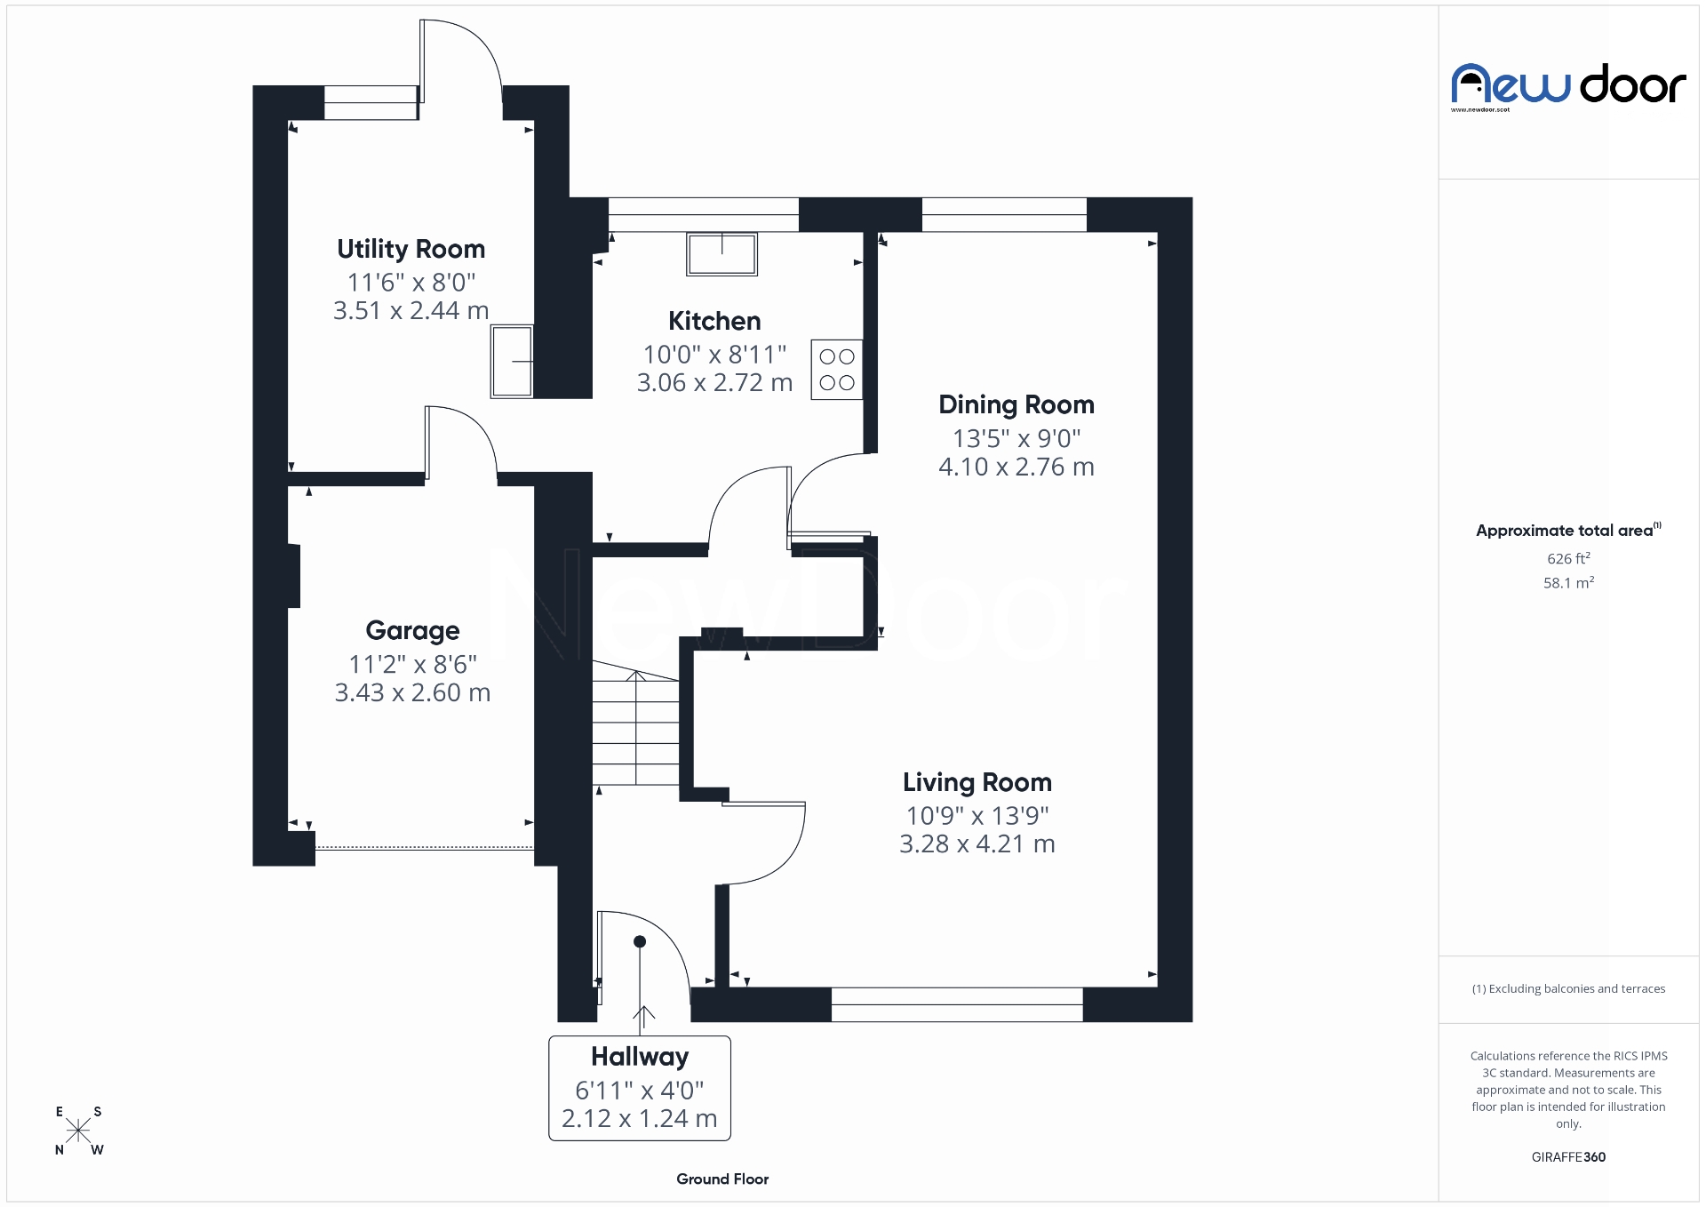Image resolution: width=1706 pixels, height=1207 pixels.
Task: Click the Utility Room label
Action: (411, 249)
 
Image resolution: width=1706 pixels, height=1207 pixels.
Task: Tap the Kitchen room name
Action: (714, 321)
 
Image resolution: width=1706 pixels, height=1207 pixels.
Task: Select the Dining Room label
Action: (1016, 405)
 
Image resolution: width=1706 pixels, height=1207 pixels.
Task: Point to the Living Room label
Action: (977, 782)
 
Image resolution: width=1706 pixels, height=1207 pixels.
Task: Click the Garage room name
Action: (412, 630)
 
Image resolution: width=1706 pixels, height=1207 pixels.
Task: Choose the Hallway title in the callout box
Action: (640, 1057)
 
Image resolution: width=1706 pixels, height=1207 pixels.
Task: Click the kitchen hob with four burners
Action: (837, 370)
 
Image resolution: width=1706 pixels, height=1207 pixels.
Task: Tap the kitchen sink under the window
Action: (721, 254)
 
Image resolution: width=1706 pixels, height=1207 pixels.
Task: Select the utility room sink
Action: (512, 361)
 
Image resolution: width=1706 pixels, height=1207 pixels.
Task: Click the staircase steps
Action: (635, 729)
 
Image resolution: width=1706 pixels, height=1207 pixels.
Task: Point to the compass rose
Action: (78, 1131)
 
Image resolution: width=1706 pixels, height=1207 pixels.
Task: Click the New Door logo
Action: (1568, 86)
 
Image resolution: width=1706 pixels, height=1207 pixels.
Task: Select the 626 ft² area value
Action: (1568, 559)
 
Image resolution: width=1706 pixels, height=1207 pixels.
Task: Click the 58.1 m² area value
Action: (1568, 583)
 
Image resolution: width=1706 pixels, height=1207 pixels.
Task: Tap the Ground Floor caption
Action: (722, 1179)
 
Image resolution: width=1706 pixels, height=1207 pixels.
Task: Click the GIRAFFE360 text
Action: (1568, 1157)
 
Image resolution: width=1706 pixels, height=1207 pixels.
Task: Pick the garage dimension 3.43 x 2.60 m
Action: (412, 692)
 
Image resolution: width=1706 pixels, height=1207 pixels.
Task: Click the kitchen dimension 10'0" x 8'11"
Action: (714, 355)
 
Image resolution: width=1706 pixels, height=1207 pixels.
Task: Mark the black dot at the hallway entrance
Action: (640, 941)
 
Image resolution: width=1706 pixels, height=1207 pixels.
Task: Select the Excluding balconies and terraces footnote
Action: (1568, 988)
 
